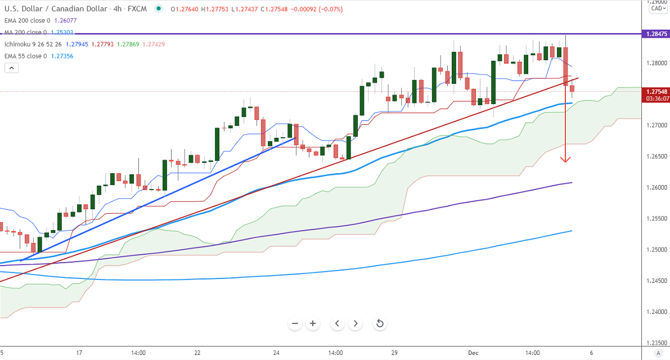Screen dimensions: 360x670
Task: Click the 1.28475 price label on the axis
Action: coord(655,34)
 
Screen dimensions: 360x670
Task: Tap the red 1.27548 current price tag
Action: coord(655,91)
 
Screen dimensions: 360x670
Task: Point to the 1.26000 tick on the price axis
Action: coord(655,187)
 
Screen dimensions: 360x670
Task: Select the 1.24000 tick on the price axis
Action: coord(655,312)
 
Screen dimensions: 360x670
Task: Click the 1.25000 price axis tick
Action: coord(655,250)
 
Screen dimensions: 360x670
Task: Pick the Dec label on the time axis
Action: coord(473,353)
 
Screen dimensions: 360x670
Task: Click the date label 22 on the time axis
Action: coord(197,353)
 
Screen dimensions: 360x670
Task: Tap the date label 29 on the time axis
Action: coord(394,353)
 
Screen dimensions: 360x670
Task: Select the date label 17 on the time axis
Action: coord(79,353)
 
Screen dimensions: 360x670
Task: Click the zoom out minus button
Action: coord(295,323)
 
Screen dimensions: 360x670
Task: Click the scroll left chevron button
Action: coord(337,323)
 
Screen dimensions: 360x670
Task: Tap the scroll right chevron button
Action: coord(355,323)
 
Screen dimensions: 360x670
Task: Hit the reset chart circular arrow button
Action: coord(380,323)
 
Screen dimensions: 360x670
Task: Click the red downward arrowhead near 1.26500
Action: coord(565,159)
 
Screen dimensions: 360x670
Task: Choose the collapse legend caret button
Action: coord(12,68)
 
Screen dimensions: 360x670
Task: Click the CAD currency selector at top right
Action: coord(656,8)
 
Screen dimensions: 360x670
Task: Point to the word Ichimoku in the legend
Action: coord(18,44)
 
